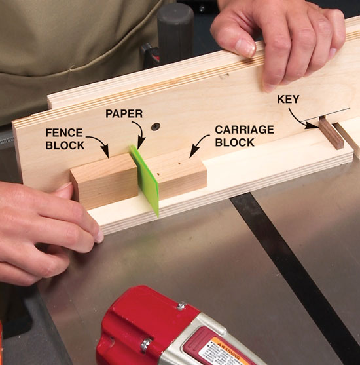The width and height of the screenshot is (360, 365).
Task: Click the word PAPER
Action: tap(124, 114)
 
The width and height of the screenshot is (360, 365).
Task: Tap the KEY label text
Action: tap(288, 100)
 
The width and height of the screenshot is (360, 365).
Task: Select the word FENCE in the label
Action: tap(64, 133)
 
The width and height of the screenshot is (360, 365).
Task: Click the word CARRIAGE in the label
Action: tap(244, 130)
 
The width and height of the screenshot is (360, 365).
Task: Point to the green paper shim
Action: tap(145, 180)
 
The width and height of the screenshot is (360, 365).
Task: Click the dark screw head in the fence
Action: tap(156, 126)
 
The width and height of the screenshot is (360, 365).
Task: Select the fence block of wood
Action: tap(105, 181)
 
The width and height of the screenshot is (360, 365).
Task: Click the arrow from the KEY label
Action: tap(300, 120)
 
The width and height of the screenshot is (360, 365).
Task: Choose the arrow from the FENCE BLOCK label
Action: tap(100, 143)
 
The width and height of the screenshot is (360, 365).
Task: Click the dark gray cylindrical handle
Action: tap(175, 35)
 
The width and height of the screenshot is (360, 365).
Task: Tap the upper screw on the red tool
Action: tap(181, 305)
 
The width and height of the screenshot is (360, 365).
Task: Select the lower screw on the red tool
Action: tap(145, 344)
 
